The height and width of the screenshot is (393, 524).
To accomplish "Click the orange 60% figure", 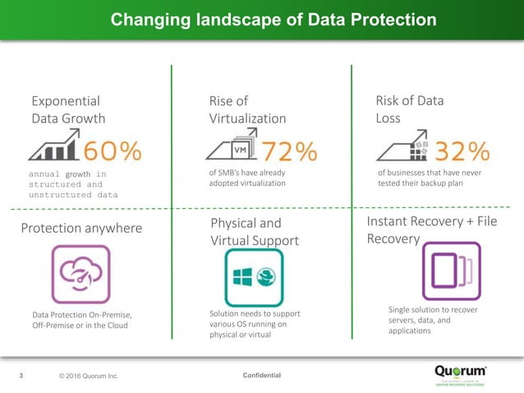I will click(111, 151).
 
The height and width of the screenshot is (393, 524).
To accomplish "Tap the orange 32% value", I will click(462, 151).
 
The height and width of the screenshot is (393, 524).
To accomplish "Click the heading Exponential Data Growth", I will click(68, 109).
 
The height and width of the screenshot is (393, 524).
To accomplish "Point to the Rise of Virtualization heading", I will click(247, 109).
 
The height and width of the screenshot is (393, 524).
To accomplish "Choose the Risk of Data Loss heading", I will click(410, 109).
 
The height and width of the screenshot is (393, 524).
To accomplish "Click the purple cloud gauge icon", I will click(75, 274).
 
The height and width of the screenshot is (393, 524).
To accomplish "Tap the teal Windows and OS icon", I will click(254, 278).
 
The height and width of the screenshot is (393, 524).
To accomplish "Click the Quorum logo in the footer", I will click(461, 373).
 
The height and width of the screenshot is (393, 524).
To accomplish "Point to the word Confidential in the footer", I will click(262, 376).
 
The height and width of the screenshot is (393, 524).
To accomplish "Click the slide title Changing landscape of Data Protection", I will click(262, 18).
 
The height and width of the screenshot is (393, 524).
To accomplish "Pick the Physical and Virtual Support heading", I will click(253, 232).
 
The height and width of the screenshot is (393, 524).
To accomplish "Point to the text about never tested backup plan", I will click(429, 178).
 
